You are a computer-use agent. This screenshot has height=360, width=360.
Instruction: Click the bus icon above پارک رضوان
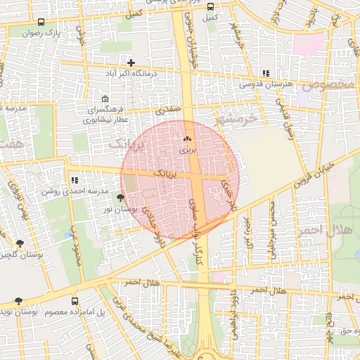tap(40, 22)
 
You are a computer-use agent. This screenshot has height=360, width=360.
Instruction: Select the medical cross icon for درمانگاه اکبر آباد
tap(131, 63)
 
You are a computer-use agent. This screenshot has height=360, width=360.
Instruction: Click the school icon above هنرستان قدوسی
tap(265, 74)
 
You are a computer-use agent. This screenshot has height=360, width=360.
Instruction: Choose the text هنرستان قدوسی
tap(265, 84)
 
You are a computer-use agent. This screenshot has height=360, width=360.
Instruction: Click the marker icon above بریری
tap(188, 140)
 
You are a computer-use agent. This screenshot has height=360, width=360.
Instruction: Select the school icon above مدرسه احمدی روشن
tap(75, 181)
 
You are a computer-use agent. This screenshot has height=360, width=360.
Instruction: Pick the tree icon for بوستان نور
tap(120, 199)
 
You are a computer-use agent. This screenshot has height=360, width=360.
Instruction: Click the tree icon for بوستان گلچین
tap(19, 243)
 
